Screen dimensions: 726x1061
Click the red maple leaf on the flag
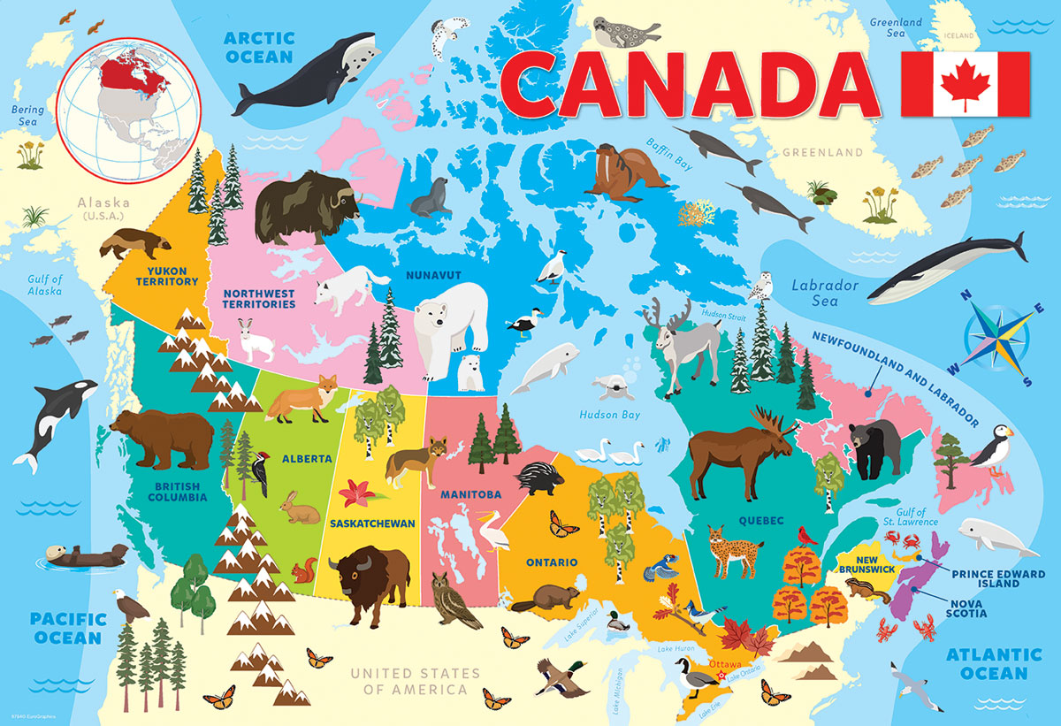(965, 82)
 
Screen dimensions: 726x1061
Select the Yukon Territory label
(167, 275)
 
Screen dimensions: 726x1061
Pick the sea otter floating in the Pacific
(80, 556)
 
